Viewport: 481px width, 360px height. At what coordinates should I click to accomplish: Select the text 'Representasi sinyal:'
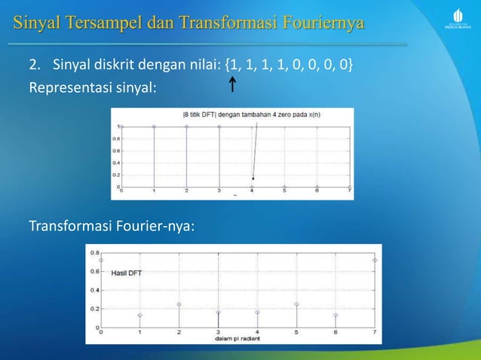[x=93, y=87]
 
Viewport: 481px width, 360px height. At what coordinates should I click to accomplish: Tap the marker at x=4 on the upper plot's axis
[x=253, y=186]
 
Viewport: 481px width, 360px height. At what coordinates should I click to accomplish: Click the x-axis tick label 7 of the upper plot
[x=350, y=192]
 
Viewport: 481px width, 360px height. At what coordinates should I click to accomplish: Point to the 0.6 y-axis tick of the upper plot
[x=115, y=150]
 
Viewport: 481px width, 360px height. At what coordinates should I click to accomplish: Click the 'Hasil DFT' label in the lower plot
[x=126, y=272]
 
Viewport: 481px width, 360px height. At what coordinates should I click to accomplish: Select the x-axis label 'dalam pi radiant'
[x=237, y=337]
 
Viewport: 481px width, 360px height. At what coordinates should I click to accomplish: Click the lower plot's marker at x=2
[x=179, y=304]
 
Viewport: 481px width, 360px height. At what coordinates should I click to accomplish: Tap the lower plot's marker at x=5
[x=296, y=304]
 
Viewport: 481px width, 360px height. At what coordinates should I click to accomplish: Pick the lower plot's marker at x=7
[x=375, y=261]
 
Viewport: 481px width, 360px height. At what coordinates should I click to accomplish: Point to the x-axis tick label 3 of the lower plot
[x=218, y=332]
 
